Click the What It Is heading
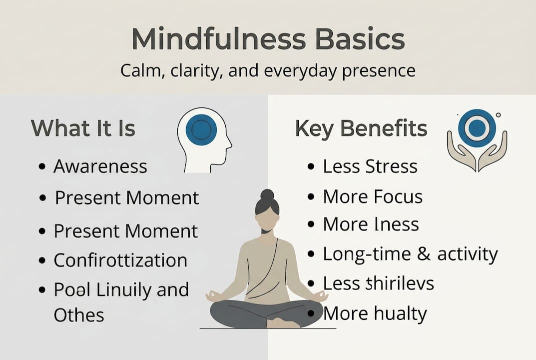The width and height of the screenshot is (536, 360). click(83, 128)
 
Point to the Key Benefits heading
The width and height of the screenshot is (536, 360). click(361, 128)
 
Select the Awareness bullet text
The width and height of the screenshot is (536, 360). click(100, 166)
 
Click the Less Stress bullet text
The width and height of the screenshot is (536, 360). click(370, 166)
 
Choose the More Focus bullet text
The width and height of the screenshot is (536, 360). click(372, 196)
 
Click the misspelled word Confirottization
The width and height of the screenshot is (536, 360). click(120, 260)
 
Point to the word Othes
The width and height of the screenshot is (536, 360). click(78, 315)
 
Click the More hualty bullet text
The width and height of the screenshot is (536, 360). click(375, 313)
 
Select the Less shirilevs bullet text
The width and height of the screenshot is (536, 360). click(378, 283)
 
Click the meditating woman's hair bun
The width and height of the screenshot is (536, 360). click(267, 195)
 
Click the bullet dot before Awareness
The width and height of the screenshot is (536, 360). click(42, 166)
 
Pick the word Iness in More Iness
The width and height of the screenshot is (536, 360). click(395, 224)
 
